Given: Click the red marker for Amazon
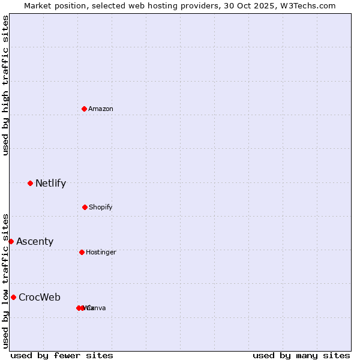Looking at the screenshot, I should click(x=84, y=109).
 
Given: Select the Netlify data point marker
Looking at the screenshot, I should click(x=30, y=183).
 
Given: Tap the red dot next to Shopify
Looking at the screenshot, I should click(x=85, y=207).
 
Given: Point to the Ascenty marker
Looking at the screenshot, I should click(x=11, y=241).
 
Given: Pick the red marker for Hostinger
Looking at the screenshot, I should click(x=82, y=252).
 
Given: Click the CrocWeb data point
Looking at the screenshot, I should click(x=13, y=297).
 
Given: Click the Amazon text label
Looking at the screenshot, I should click(x=101, y=109).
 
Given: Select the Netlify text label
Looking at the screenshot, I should click(x=50, y=184).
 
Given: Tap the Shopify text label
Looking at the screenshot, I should click(x=101, y=208).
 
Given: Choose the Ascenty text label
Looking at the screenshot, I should click(x=35, y=242).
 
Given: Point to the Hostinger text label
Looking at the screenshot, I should click(x=101, y=253).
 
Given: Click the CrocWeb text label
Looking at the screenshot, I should click(x=40, y=298).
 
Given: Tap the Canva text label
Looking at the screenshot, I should click(x=97, y=308).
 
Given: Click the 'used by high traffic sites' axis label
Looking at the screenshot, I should click(x=5, y=85).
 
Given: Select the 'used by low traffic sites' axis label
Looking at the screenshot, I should click(x=5, y=281).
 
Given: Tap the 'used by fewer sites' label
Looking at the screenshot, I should click(x=62, y=356).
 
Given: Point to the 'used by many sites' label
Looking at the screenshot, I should click(x=301, y=356).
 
